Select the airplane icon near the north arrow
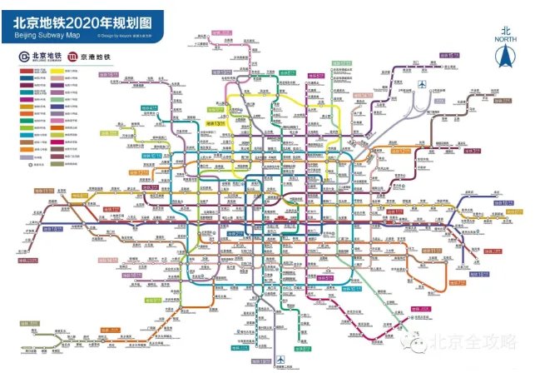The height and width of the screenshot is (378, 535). [423, 84]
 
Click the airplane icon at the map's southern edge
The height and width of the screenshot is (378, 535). [281, 360]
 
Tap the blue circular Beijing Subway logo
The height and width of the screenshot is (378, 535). [25, 57]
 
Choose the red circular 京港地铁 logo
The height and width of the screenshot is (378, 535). [74, 57]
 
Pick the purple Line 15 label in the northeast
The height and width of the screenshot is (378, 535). [450, 54]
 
